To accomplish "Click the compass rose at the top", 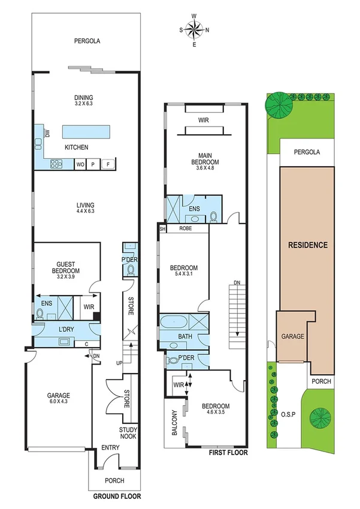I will point(194,29).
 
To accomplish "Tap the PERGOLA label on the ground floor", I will point(87,41).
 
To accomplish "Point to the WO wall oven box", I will point(80,164).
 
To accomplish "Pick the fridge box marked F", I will point(108,164).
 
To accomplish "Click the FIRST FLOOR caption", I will point(228,453).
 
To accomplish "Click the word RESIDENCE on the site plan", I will point(308,245).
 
